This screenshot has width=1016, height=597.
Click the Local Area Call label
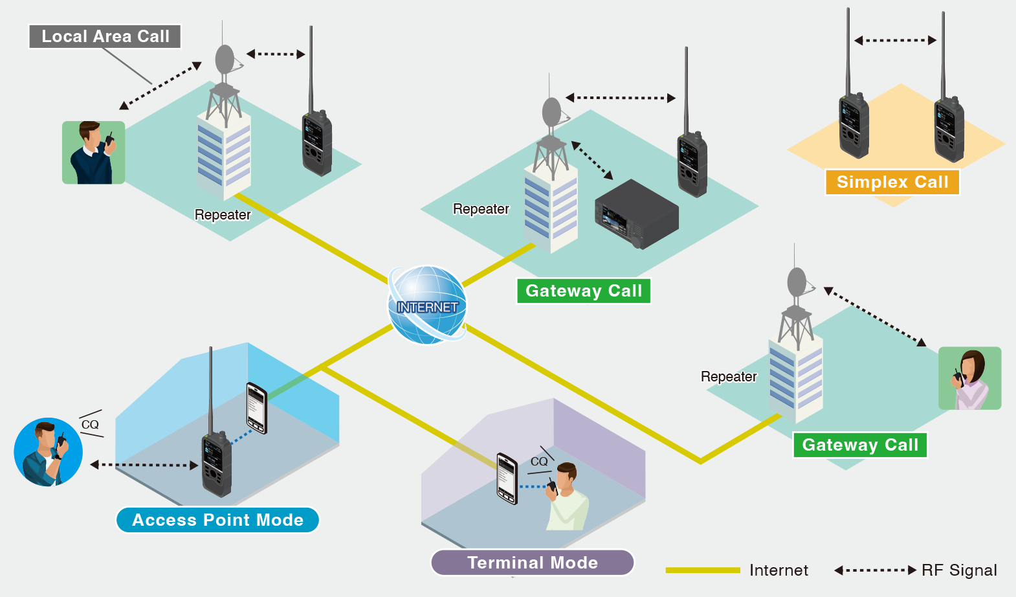pyautogui.click(x=105, y=36)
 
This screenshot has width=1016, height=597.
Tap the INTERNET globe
pyautogui.click(x=427, y=305)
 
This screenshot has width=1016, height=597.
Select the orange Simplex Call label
pyautogui.click(x=892, y=182)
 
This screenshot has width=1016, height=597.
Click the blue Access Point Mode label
pyautogui.click(x=217, y=520)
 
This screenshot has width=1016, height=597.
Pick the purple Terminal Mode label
pyautogui.click(x=532, y=563)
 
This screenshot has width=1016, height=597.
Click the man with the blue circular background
pyautogui.click(x=48, y=452)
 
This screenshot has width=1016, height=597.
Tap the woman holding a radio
pyautogui.click(x=969, y=378)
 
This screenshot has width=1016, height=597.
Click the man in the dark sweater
pyautogui.click(x=93, y=153)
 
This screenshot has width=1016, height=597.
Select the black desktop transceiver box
pyautogui.click(x=636, y=214)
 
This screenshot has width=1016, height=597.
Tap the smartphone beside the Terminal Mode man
pyautogui.click(x=507, y=479)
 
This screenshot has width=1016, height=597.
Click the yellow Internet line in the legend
pyautogui.click(x=702, y=570)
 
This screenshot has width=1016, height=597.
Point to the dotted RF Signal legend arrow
pyautogui.click(x=875, y=570)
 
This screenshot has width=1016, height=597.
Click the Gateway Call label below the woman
pyautogui.click(x=860, y=445)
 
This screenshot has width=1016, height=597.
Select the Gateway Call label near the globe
pyautogui.click(x=583, y=291)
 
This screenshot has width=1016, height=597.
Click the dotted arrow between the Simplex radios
pyautogui.click(x=895, y=40)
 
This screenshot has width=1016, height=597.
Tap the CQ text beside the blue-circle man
pyautogui.click(x=90, y=425)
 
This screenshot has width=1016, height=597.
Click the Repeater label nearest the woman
pyautogui.click(x=729, y=377)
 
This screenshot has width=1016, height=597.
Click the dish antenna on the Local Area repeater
pyautogui.click(x=225, y=60)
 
